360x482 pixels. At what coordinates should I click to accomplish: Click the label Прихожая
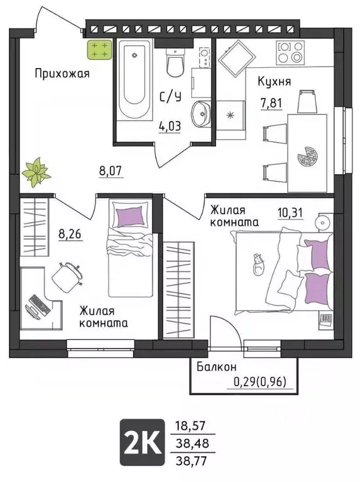point(62,74)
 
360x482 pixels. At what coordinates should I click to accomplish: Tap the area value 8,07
point(111,169)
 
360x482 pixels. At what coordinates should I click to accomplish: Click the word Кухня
point(274,81)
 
